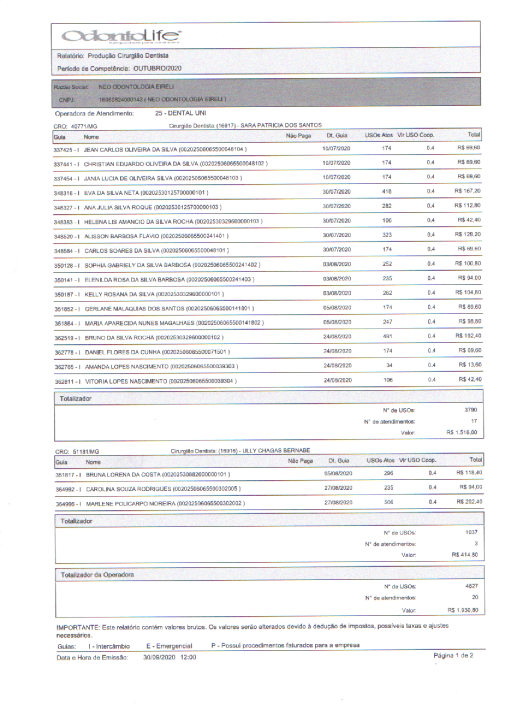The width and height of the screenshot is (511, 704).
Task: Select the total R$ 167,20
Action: pyautogui.click(x=467, y=191)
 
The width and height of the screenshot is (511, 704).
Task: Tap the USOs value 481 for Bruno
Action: pyautogui.click(x=387, y=336)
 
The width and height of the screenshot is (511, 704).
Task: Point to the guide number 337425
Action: pyautogui.click(x=63, y=149)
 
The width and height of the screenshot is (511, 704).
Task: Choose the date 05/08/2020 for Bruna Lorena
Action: pyautogui.click(x=337, y=474)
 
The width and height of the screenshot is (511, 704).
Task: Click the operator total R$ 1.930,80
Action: pyautogui.click(x=462, y=610)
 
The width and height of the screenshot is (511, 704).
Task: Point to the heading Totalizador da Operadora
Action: pyautogui.click(x=97, y=575)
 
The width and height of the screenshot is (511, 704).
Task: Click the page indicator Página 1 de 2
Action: pyautogui.click(x=453, y=655)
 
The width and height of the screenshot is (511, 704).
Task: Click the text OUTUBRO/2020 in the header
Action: pyautogui.click(x=157, y=69)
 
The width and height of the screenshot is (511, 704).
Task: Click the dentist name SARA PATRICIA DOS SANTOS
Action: pyautogui.click(x=281, y=125)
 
